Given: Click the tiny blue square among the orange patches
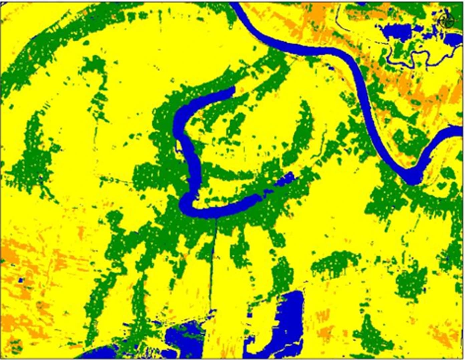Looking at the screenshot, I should [22, 280].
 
